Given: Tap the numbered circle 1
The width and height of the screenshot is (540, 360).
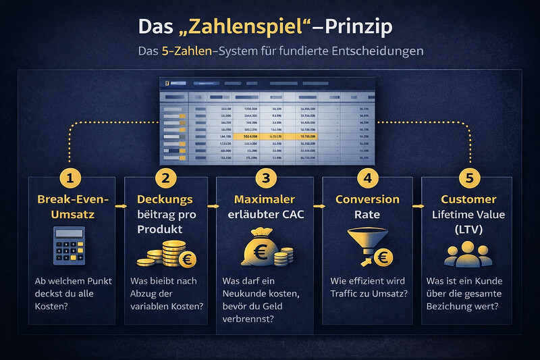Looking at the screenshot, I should (70, 178).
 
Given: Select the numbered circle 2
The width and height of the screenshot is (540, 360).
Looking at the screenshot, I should (167, 178).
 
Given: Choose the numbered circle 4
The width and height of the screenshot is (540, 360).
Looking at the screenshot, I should (368, 178).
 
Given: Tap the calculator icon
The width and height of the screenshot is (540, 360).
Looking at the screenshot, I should (70, 245).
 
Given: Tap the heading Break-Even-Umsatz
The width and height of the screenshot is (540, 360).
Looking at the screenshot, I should (70, 207).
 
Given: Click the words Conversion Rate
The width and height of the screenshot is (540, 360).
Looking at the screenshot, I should (368, 207).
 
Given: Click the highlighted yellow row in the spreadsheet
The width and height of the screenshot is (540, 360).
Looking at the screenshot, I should (270, 136).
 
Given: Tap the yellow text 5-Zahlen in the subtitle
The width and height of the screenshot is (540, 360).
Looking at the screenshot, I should (186, 52).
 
